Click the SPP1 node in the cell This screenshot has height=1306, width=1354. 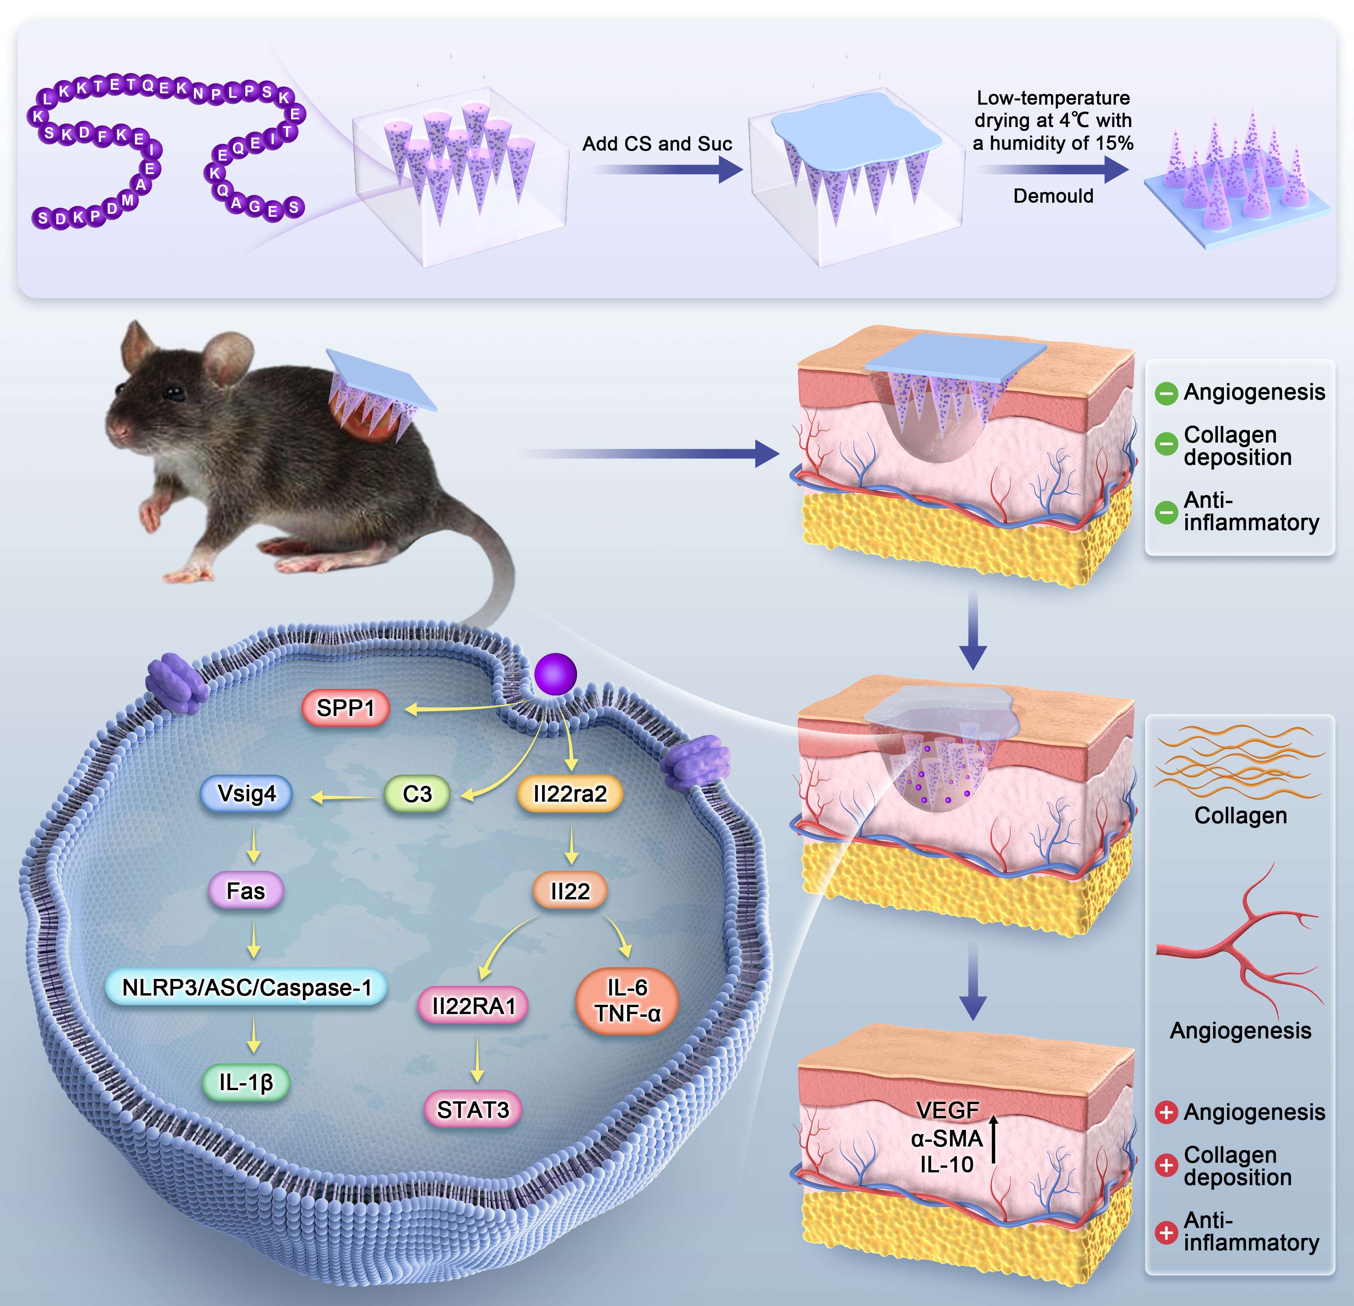tap(345, 708)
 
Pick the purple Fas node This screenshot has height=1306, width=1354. tap(246, 891)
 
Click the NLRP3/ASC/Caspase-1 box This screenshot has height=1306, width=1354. tap(247, 987)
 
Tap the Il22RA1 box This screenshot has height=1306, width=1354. tap(474, 1006)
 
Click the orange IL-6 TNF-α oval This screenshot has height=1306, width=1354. tap(627, 1001)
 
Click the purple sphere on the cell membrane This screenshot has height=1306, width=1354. tap(555, 674)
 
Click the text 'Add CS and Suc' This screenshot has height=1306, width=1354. tap(657, 144)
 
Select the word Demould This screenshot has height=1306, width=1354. tap(1053, 196)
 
